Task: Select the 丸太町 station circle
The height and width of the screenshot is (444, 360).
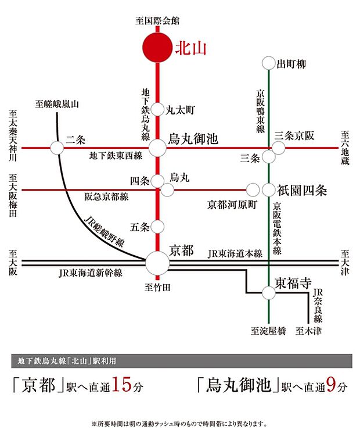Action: [x=157, y=109]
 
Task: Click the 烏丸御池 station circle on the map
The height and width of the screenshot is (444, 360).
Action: [x=157, y=148]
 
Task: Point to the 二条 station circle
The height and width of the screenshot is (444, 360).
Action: [x=57, y=148]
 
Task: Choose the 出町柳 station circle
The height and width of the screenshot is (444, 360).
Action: [x=268, y=63]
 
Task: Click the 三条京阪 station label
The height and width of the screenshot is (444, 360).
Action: [x=294, y=136]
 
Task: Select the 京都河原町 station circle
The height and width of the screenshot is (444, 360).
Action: [x=253, y=189]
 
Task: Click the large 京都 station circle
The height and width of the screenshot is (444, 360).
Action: [x=157, y=263]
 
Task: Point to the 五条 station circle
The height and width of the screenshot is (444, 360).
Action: [x=157, y=226]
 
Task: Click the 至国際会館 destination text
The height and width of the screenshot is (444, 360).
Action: [x=157, y=22]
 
